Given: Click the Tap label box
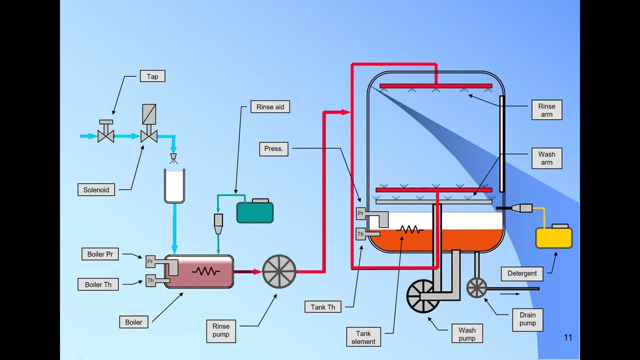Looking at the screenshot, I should pyautogui.click(x=152, y=76).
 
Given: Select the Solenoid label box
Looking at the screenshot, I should pyautogui.click(x=96, y=190).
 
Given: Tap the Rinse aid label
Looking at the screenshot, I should pyautogui.click(x=270, y=107).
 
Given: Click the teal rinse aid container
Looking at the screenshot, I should pyautogui.click(x=255, y=212).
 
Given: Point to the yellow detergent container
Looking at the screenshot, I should pyautogui.click(x=554, y=237).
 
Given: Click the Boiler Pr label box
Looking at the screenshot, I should pyautogui.click(x=100, y=254).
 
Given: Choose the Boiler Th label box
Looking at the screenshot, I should pyautogui.click(x=98, y=284).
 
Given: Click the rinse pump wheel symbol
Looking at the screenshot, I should pyautogui.click(x=279, y=271).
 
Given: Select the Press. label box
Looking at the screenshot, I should pyautogui.click(x=273, y=148).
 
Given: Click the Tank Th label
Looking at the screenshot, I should pyautogui.click(x=323, y=307).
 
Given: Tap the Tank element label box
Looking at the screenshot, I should pyautogui.click(x=363, y=337).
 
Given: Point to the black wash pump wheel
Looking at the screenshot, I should pyautogui.click(x=423, y=296).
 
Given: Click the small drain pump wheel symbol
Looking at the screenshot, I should pyautogui.click(x=476, y=288).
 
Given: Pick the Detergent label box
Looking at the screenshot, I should pyautogui.click(x=522, y=273).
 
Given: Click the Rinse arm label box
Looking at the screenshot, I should pyautogui.click(x=546, y=110).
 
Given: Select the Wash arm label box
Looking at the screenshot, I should pyautogui.click(x=546, y=158).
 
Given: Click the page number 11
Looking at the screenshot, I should pyautogui.click(x=567, y=337).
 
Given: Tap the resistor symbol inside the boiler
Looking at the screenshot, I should pyautogui.click(x=206, y=271).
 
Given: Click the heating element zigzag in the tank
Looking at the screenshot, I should pyautogui.click(x=410, y=230).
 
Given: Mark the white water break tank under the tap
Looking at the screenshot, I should pyautogui.click(x=174, y=186).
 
